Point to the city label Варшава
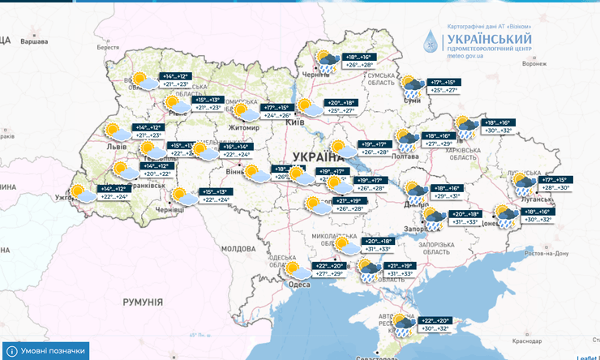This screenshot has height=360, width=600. pyautogui.click(x=34, y=40)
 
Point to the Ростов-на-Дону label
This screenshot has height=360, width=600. pyautogui.click(x=545, y=253)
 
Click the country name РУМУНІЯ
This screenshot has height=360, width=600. pyautogui.click(x=144, y=302)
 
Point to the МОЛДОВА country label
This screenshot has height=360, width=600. pyautogui.click(x=238, y=248)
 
